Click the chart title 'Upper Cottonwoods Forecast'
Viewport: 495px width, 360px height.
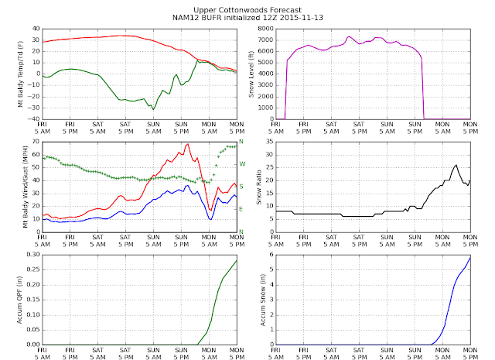247,10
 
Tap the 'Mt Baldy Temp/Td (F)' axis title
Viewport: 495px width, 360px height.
21,74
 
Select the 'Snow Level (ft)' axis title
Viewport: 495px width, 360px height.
251,74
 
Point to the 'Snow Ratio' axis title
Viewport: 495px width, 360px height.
259,187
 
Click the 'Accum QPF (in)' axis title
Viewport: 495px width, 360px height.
19,300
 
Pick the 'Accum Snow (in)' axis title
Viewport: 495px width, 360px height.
263,300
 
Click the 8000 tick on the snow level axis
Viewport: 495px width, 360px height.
266,29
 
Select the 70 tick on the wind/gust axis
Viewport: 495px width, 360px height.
36,142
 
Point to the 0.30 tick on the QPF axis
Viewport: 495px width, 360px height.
33,255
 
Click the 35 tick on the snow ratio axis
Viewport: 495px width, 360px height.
270,142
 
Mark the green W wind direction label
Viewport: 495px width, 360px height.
242,164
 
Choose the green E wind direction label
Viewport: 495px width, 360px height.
241,209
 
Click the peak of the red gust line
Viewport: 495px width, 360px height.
188,144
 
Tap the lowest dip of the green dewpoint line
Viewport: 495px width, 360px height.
153,109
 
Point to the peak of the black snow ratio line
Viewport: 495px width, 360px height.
456,165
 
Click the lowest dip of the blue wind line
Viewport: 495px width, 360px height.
210,219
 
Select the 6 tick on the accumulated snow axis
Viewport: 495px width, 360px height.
271,255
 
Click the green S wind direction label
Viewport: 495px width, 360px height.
241,187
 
